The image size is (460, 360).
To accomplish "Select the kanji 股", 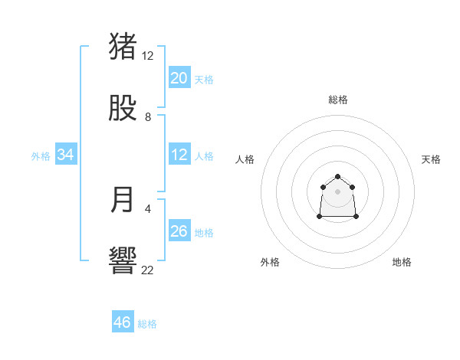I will coord(123,108).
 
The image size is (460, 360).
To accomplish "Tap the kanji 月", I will coord(123,200).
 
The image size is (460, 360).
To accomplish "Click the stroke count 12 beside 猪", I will coord(148,56).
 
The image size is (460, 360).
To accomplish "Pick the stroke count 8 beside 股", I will coord(148,117).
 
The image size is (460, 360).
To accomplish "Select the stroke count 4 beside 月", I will coord(148,208).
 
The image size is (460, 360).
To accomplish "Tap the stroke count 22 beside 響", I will coord(148,270).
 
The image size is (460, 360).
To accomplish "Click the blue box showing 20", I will coord(179,78).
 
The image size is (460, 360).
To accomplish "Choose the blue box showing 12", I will coord(179,155).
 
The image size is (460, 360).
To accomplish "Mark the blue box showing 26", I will coord(179,231).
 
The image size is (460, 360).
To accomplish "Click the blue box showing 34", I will coord(66,155).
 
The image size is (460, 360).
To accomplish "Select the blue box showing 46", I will coord(123,322).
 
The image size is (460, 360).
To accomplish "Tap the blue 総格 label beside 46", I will coord(147,324).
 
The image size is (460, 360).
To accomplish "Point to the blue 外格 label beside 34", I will coord(41,156).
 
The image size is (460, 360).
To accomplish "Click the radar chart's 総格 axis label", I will coord(338,100).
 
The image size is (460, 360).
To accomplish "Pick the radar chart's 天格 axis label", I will coord(431,159).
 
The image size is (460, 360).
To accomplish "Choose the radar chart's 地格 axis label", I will coord(402,262).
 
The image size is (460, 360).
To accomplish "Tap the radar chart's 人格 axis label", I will coord(245,159).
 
